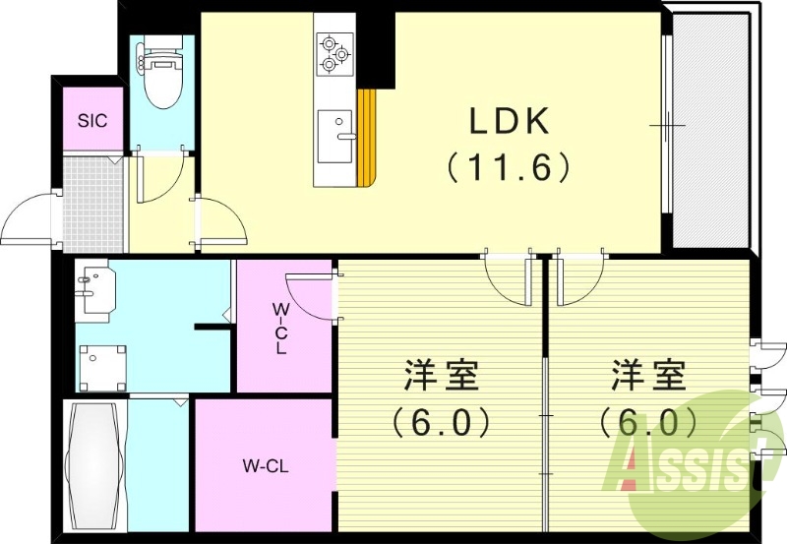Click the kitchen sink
pyautogui.click(x=334, y=136)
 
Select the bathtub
pyautogui.click(x=95, y=464)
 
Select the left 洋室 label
pyautogui.click(x=441, y=376)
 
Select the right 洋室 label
pyautogui.click(x=649, y=376)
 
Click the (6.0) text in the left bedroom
pyautogui.click(x=441, y=423)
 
